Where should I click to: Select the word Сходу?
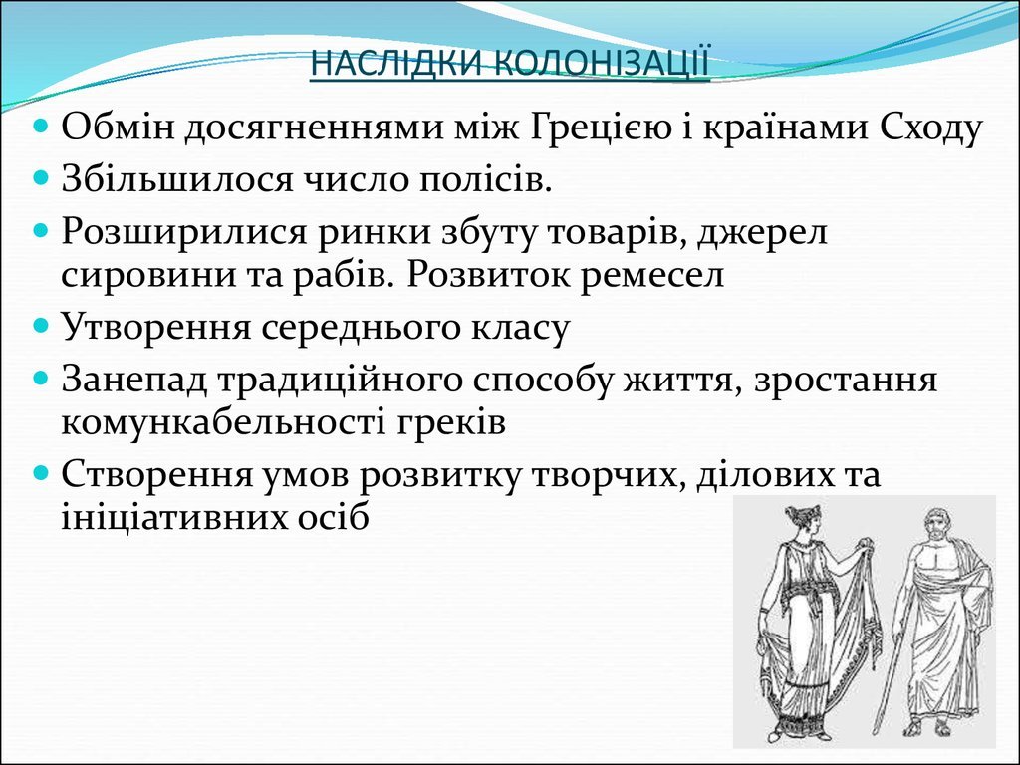click(x=930, y=128)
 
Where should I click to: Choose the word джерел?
click(x=762, y=232)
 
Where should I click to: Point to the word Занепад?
click(x=133, y=380)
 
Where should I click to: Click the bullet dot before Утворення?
click(x=41, y=325)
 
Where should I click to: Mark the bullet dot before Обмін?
click(x=41, y=125)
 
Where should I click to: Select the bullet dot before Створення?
click(x=41, y=471)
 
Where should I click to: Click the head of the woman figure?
click(x=800, y=524)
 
